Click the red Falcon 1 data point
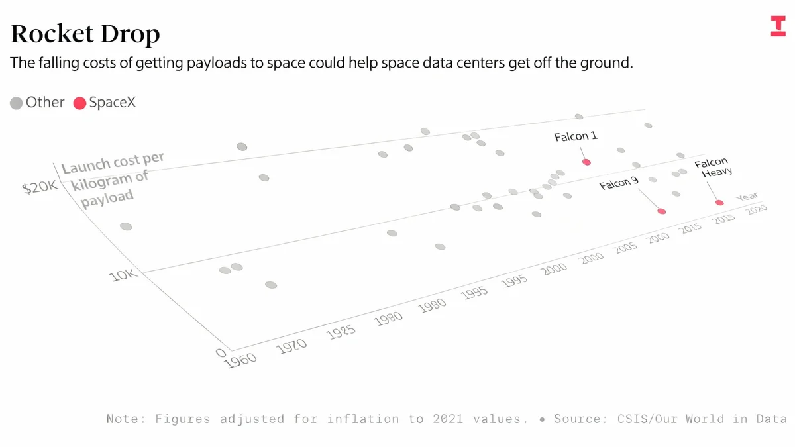[586, 162]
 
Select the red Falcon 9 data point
[661, 211]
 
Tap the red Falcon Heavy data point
[719, 203]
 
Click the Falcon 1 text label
[576, 136]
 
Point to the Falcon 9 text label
[619, 183]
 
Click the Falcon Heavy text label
[712, 168]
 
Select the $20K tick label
[40, 188]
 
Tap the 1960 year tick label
[241, 360]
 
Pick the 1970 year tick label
[291, 345]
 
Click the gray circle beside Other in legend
[17, 103]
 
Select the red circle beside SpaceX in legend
[79, 103]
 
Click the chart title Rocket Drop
[85, 34]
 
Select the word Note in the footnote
[124, 419]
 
